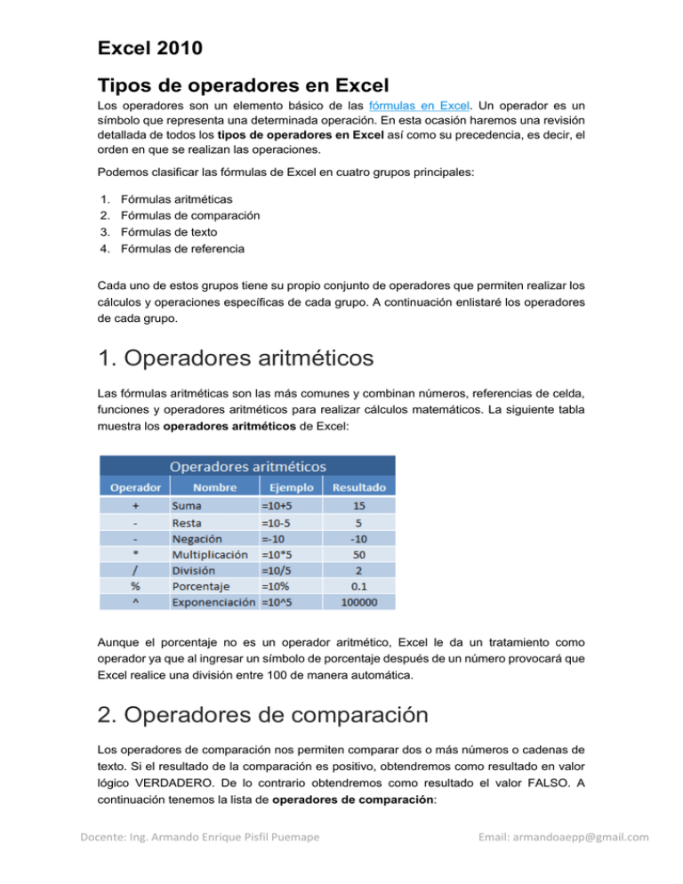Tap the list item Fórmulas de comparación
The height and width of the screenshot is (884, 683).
point(184,214)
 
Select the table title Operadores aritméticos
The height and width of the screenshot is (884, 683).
point(247,465)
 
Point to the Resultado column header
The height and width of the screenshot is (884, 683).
point(359,487)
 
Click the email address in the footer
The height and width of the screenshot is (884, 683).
point(565,860)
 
